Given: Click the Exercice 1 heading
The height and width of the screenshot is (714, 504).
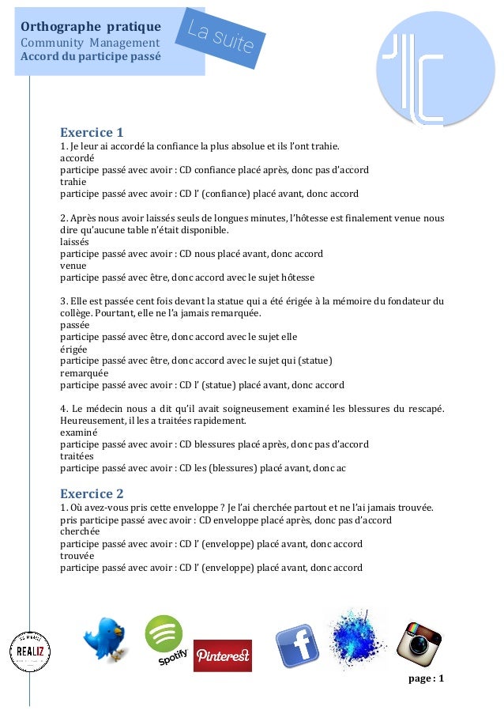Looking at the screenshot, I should (x=92, y=132).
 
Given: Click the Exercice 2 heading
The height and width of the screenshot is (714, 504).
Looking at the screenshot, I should (x=92, y=493).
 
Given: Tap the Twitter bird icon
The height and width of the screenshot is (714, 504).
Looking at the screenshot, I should (x=106, y=640).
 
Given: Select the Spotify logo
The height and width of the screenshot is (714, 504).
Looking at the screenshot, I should (x=165, y=639).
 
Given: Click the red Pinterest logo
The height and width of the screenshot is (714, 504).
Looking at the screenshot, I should (x=222, y=655).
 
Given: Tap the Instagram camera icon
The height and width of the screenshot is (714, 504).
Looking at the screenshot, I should (x=419, y=642).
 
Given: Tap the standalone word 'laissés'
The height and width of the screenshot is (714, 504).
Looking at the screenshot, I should (x=74, y=242).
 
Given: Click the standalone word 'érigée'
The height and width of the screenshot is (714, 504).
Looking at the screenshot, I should (x=73, y=349).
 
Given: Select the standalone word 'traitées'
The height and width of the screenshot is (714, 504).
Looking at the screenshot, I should (x=77, y=456).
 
